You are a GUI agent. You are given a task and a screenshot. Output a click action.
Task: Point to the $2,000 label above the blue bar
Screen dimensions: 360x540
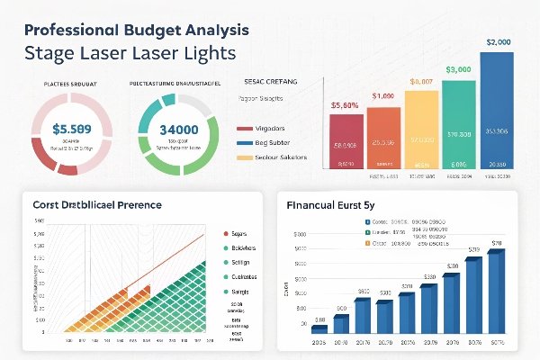coord(498,41)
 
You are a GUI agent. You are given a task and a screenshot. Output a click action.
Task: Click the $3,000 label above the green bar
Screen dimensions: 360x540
coord(459,69)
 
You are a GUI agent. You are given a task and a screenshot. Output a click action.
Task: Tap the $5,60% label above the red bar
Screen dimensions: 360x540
coord(346,105)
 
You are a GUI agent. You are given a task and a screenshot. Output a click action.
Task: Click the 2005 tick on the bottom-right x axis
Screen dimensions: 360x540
coord(319,343)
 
